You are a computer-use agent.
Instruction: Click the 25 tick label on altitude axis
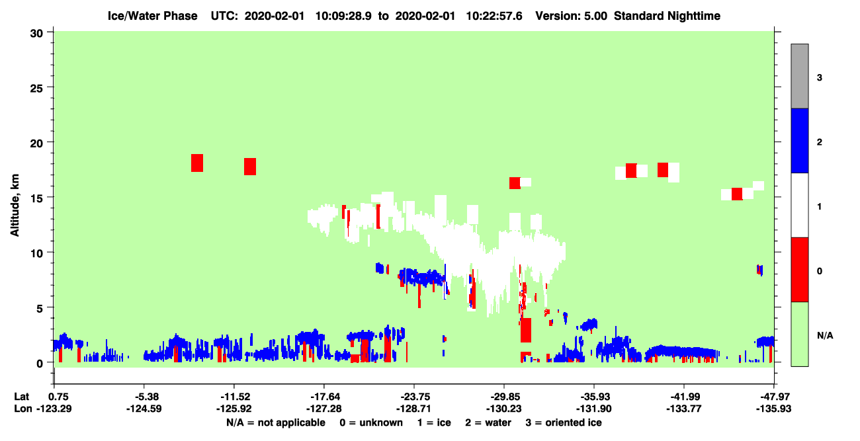coord(36,89)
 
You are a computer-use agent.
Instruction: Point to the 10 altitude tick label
coord(36,254)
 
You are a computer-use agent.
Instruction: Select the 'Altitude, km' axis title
coord(15,206)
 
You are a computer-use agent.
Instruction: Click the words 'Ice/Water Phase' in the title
coord(152,16)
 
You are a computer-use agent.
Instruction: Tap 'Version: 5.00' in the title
coord(572,16)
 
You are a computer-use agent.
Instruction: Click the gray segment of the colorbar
coord(799,76)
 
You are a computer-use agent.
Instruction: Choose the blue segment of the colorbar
coord(799,140)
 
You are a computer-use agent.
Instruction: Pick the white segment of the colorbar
coord(799,205)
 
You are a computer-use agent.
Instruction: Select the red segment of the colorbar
coord(799,270)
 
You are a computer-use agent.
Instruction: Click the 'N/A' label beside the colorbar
coord(825,336)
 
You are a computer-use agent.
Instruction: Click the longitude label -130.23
coord(503,409)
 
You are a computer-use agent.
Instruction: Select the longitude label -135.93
coord(773,409)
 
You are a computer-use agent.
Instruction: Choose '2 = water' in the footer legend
coord(488,422)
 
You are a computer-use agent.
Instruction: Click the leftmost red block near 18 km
coord(197,163)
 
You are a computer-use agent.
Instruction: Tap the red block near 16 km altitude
coord(515,183)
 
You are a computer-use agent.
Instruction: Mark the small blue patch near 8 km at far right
coord(760,270)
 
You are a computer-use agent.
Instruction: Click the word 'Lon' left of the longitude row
coord(23,409)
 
